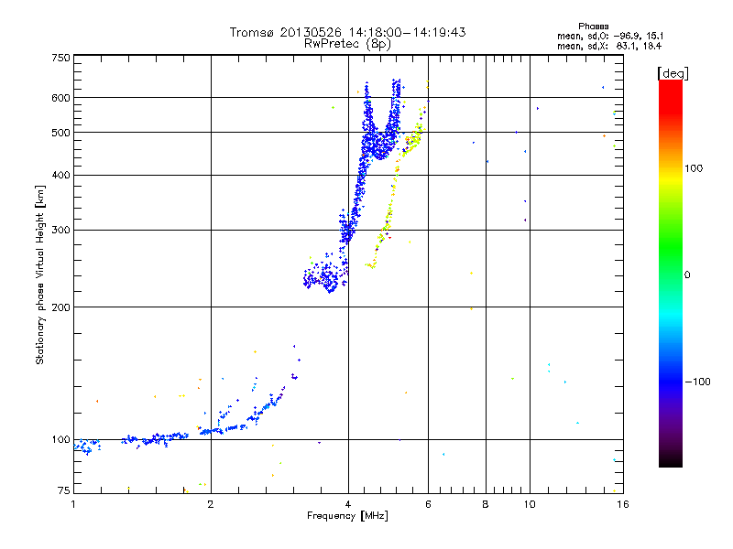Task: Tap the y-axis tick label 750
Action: pos(60,58)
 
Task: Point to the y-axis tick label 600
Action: pos(60,98)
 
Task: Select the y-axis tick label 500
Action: pos(60,133)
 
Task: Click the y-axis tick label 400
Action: pos(60,176)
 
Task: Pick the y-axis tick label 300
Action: pos(60,231)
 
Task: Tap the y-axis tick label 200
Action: pos(60,307)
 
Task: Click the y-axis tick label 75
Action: pos(63,492)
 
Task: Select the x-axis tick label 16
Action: pos(620,503)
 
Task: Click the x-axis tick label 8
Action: pos(486,503)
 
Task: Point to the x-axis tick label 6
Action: pos(428,503)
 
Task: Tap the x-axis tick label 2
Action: pos(211,503)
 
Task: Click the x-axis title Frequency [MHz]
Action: pos(347,516)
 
